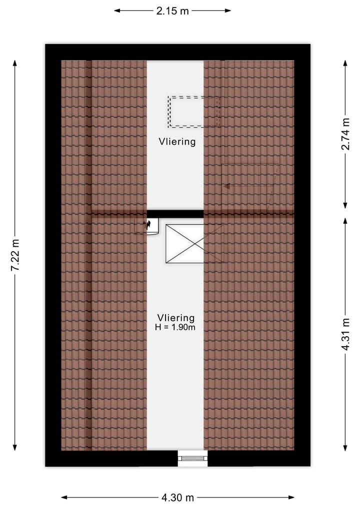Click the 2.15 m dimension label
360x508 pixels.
pos(172,10)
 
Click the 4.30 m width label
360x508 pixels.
pos(177,498)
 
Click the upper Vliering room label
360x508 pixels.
pos(177,141)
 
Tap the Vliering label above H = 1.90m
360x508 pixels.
pos(175,317)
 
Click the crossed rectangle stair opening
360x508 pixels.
pos(185,243)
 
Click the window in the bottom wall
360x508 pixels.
pos(193,458)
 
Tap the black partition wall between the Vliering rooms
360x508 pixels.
pos(175,214)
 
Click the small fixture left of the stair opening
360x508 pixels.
pos(147,226)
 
